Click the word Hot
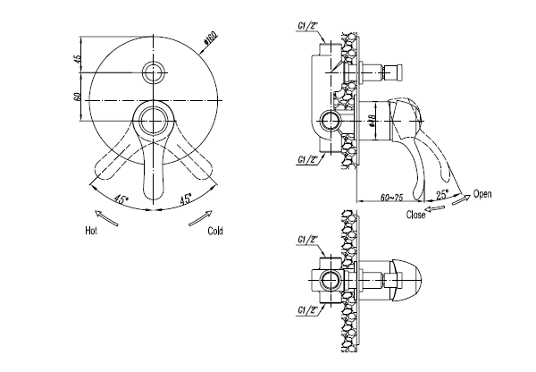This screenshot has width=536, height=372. (x=91, y=231)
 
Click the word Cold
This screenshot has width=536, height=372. (x=215, y=231)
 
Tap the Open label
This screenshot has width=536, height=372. (x=482, y=194)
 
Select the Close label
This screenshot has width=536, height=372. (x=415, y=215)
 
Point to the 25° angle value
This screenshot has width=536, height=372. (x=442, y=194)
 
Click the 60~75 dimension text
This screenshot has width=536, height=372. (x=392, y=198)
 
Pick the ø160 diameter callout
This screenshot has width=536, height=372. (x=211, y=38)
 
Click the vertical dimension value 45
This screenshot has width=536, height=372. (x=78, y=58)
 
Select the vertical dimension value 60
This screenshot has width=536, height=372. (x=77, y=97)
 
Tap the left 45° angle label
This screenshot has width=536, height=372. (x=121, y=199)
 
